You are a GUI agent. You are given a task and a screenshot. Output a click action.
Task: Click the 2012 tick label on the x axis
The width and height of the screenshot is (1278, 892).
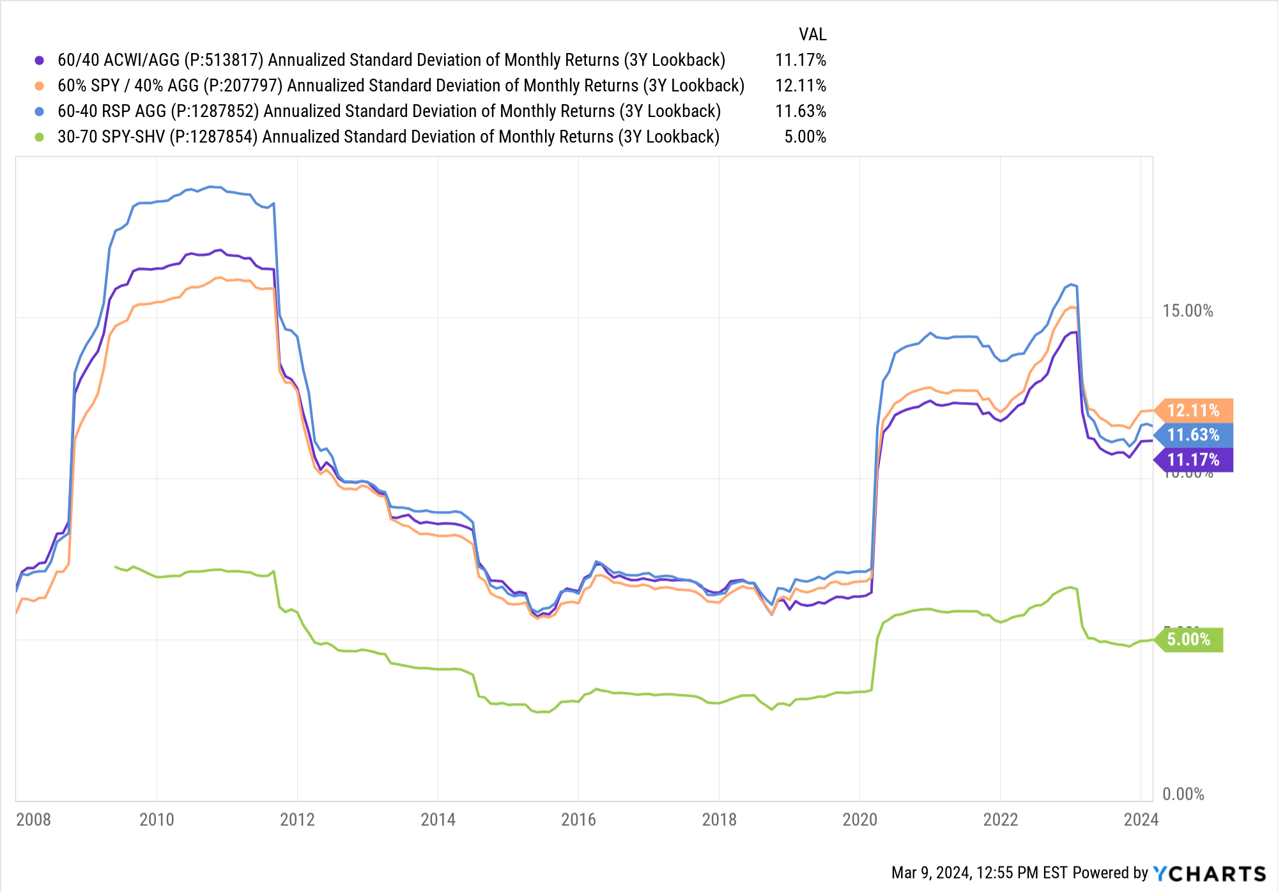tap(297, 819)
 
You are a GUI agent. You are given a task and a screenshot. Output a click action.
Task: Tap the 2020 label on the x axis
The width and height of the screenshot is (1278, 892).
tap(859, 819)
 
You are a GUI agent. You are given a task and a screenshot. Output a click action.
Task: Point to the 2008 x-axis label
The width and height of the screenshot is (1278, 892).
tap(33, 819)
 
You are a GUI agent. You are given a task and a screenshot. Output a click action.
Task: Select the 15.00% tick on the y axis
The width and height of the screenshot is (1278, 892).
tap(1187, 311)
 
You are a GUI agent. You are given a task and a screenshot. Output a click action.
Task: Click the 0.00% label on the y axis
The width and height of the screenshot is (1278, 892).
tap(1183, 794)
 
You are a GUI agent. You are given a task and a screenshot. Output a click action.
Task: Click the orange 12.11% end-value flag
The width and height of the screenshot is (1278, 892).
tap(1193, 411)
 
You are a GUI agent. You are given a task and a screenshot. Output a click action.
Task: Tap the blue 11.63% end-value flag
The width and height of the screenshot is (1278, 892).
tap(1193, 435)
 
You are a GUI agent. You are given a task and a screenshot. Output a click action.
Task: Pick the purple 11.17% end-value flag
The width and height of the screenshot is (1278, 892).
tap(1193, 460)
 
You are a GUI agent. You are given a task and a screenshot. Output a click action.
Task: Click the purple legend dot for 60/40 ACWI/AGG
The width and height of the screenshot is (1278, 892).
tap(40, 60)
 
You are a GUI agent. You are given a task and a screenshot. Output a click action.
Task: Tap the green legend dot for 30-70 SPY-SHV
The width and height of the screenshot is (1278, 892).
tap(40, 137)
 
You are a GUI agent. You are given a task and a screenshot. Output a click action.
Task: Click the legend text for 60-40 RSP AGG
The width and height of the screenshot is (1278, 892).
tap(389, 111)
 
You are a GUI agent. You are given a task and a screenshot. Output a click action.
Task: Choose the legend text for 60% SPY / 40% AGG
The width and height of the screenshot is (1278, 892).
tap(401, 86)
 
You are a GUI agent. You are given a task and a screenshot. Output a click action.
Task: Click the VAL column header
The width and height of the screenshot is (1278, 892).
tap(812, 35)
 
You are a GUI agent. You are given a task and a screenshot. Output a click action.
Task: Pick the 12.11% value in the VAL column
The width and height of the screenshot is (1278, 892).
tap(801, 86)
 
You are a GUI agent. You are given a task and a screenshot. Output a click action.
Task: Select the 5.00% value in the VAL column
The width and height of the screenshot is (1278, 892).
tap(805, 137)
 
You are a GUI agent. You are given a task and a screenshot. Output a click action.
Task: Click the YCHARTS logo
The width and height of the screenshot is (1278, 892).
tap(1209, 873)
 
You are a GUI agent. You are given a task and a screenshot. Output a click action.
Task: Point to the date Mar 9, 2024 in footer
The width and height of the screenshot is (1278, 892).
tap(931, 873)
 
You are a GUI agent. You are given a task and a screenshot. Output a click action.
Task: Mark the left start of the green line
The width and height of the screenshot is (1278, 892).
tap(116, 567)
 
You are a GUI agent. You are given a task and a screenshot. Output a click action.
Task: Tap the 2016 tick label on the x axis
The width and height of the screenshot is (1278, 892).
tap(578, 819)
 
